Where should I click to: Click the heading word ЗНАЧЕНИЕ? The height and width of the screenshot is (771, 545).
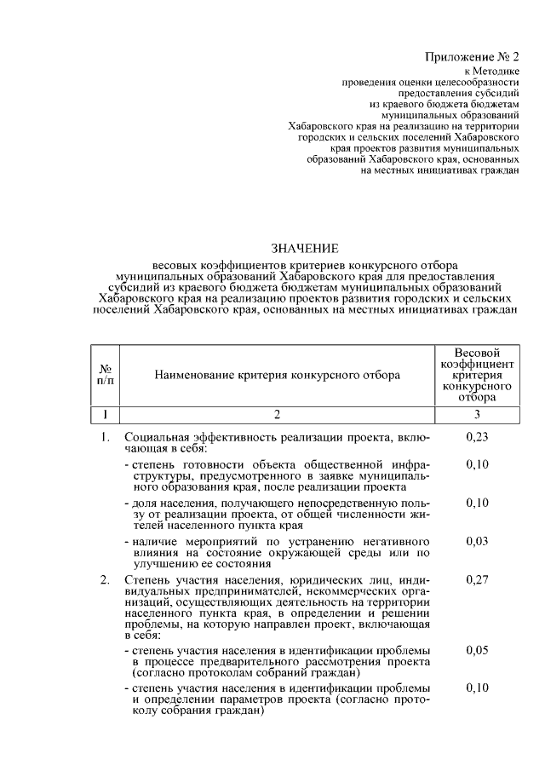tap(305, 249)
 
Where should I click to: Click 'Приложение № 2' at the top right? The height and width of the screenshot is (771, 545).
tap(472, 56)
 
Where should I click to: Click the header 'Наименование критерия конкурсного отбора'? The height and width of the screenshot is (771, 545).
tap(278, 374)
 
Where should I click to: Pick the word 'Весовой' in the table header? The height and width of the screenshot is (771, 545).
tap(477, 352)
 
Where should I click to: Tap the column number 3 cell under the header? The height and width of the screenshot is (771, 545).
tap(477, 415)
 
